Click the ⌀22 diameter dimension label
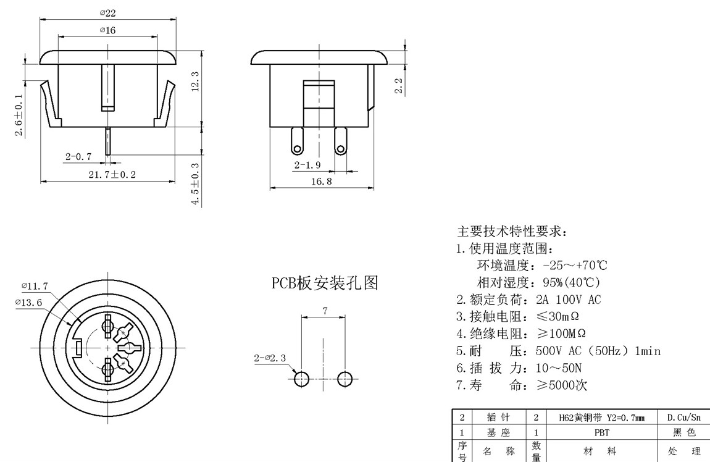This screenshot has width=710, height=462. pyautogui.click(x=107, y=14)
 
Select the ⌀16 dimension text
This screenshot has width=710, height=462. pyautogui.click(x=107, y=30)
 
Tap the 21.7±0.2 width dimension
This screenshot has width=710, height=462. pyautogui.click(x=112, y=175)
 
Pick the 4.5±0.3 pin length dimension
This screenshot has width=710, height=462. pyautogui.click(x=196, y=184)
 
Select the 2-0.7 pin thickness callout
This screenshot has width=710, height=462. pyautogui.click(x=78, y=157)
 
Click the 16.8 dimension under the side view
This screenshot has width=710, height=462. pyautogui.click(x=322, y=182)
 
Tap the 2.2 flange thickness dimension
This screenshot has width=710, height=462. pyautogui.click(x=399, y=86)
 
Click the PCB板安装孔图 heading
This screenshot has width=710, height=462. pyautogui.click(x=325, y=283)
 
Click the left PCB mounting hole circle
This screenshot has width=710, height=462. pyautogui.click(x=302, y=379)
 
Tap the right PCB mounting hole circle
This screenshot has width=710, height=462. pyautogui.click(x=346, y=379)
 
